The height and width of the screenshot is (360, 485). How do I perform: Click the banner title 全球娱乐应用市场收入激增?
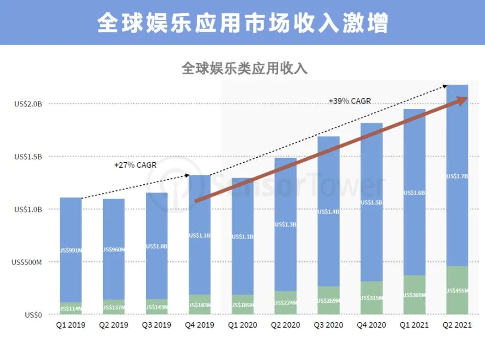tap(242, 23)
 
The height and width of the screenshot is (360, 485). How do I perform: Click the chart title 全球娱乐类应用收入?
tap(244, 68)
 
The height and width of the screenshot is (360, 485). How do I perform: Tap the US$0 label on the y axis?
tap(34, 315)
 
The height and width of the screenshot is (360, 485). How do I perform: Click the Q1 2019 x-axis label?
tap(71, 325)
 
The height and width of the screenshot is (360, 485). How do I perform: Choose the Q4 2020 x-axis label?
tap(371, 325)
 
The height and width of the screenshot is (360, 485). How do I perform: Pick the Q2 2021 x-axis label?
tap(457, 325)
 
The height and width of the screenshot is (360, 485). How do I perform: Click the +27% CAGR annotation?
tap(136, 165)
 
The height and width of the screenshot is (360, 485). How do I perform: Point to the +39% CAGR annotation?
tap(349, 101)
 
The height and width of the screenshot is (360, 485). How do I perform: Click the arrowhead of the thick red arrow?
tap(462, 100)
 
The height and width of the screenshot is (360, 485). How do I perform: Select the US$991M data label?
tap(71, 250)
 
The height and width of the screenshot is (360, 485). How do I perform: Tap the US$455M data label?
tap(458, 291)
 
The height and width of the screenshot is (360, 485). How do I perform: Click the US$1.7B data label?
tap(458, 176)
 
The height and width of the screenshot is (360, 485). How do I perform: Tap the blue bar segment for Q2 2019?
tap(114, 220)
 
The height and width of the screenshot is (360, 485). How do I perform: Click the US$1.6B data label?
tap(415, 192)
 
